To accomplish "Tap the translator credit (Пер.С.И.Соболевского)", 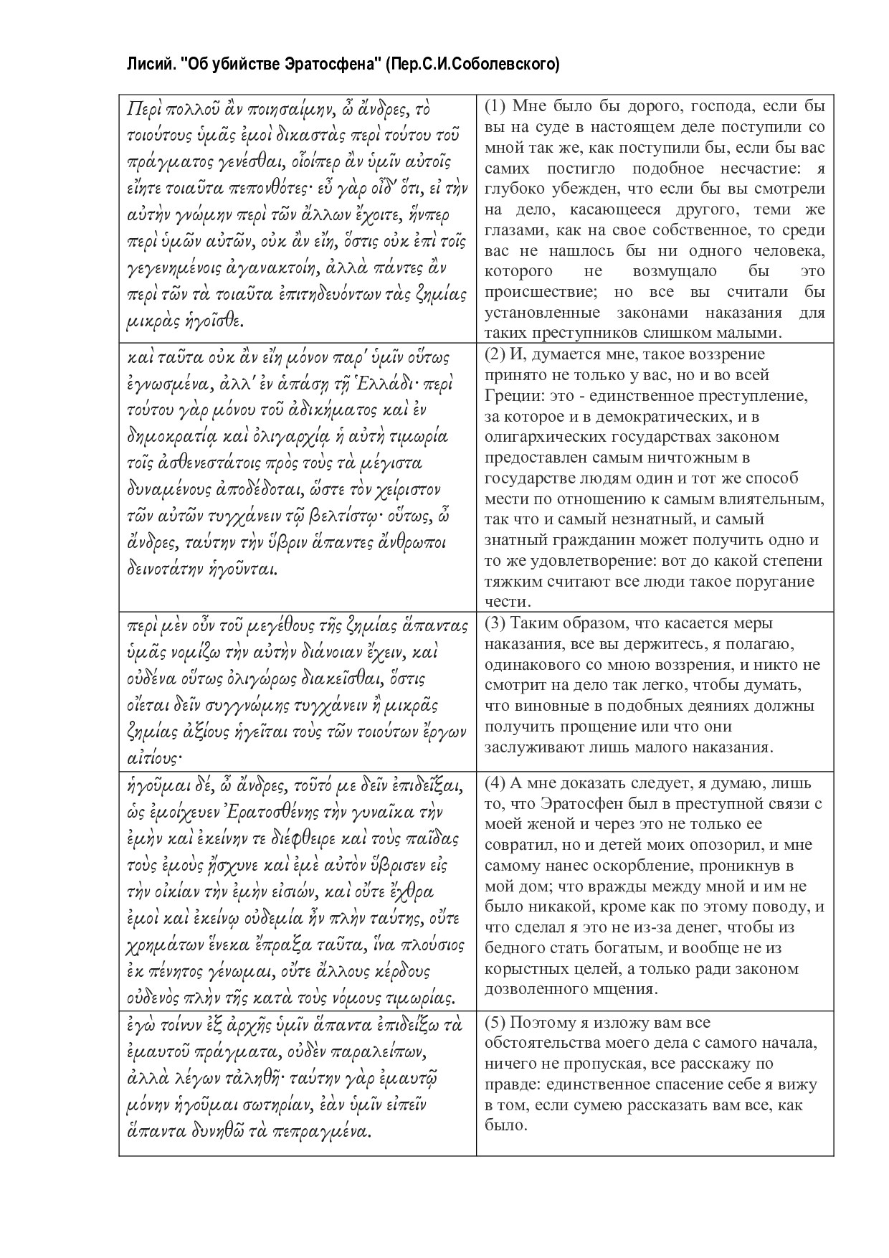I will point(472,65).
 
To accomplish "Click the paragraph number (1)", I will point(496,106).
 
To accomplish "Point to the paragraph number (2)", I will point(496,354).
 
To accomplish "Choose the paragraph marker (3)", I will point(496,623).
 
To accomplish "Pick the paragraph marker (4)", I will point(496,782).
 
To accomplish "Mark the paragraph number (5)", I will point(496,1022).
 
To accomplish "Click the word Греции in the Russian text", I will point(510,395).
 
